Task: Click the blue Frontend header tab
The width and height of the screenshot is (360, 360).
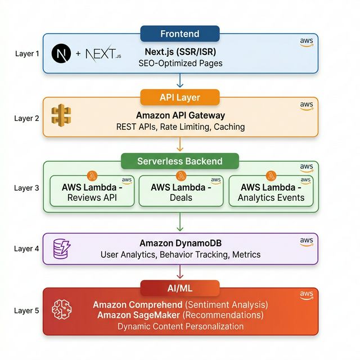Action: tap(179, 34)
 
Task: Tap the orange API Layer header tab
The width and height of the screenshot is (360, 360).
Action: tap(179, 97)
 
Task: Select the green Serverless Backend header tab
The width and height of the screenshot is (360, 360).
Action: tap(179, 161)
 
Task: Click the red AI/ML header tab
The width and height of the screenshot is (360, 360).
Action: tap(179, 288)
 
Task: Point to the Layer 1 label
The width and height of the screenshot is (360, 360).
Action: tap(26, 54)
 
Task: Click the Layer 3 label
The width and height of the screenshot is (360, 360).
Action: tap(26, 188)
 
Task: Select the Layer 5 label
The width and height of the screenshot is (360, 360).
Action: tap(26, 310)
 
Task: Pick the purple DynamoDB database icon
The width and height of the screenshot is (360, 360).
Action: tap(61, 249)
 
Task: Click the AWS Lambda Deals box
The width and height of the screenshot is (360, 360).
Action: tap(180, 192)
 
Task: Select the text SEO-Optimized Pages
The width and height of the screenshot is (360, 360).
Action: tap(180, 63)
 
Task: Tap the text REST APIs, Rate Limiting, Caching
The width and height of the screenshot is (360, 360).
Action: tap(180, 127)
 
